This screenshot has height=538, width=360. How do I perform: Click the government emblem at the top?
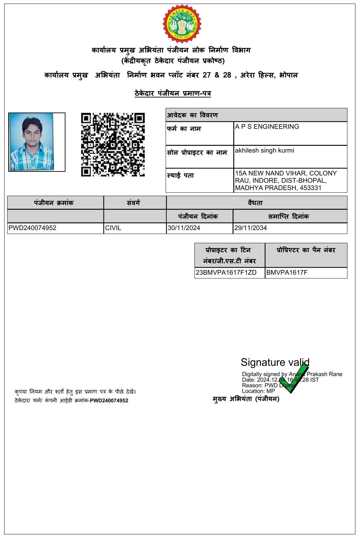[x=182, y=24]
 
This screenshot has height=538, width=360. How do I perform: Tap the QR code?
[x=113, y=144]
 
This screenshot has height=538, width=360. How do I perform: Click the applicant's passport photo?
[x=32, y=142]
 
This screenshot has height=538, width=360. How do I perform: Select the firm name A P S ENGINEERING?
[x=267, y=127]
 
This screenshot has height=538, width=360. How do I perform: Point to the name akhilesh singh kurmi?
[x=265, y=150]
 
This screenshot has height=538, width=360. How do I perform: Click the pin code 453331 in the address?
[x=310, y=188]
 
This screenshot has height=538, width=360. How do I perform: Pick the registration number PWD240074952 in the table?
[x=33, y=228]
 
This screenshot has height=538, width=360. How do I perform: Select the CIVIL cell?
[x=113, y=228]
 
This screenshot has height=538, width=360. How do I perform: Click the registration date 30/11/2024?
[x=184, y=228]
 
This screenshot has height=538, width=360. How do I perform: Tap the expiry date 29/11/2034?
[x=251, y=228]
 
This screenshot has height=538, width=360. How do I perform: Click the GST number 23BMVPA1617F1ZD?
[x=226, y=273]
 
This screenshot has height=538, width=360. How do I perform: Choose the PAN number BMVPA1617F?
[x=287, y=273]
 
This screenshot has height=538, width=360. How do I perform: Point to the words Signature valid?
[x=275, y=362]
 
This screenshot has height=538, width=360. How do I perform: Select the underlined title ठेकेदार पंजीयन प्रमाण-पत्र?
[x=173, y=94]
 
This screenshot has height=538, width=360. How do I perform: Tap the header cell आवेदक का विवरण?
[x=193, y=115]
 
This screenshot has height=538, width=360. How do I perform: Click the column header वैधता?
[x=255, y=203]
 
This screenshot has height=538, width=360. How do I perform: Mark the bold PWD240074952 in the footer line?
[x=109, y=401]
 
